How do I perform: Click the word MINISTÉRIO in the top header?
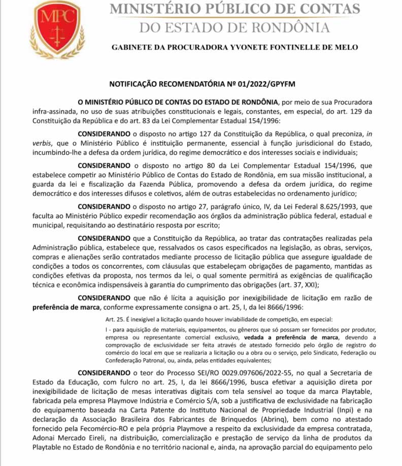coord(152,9)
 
